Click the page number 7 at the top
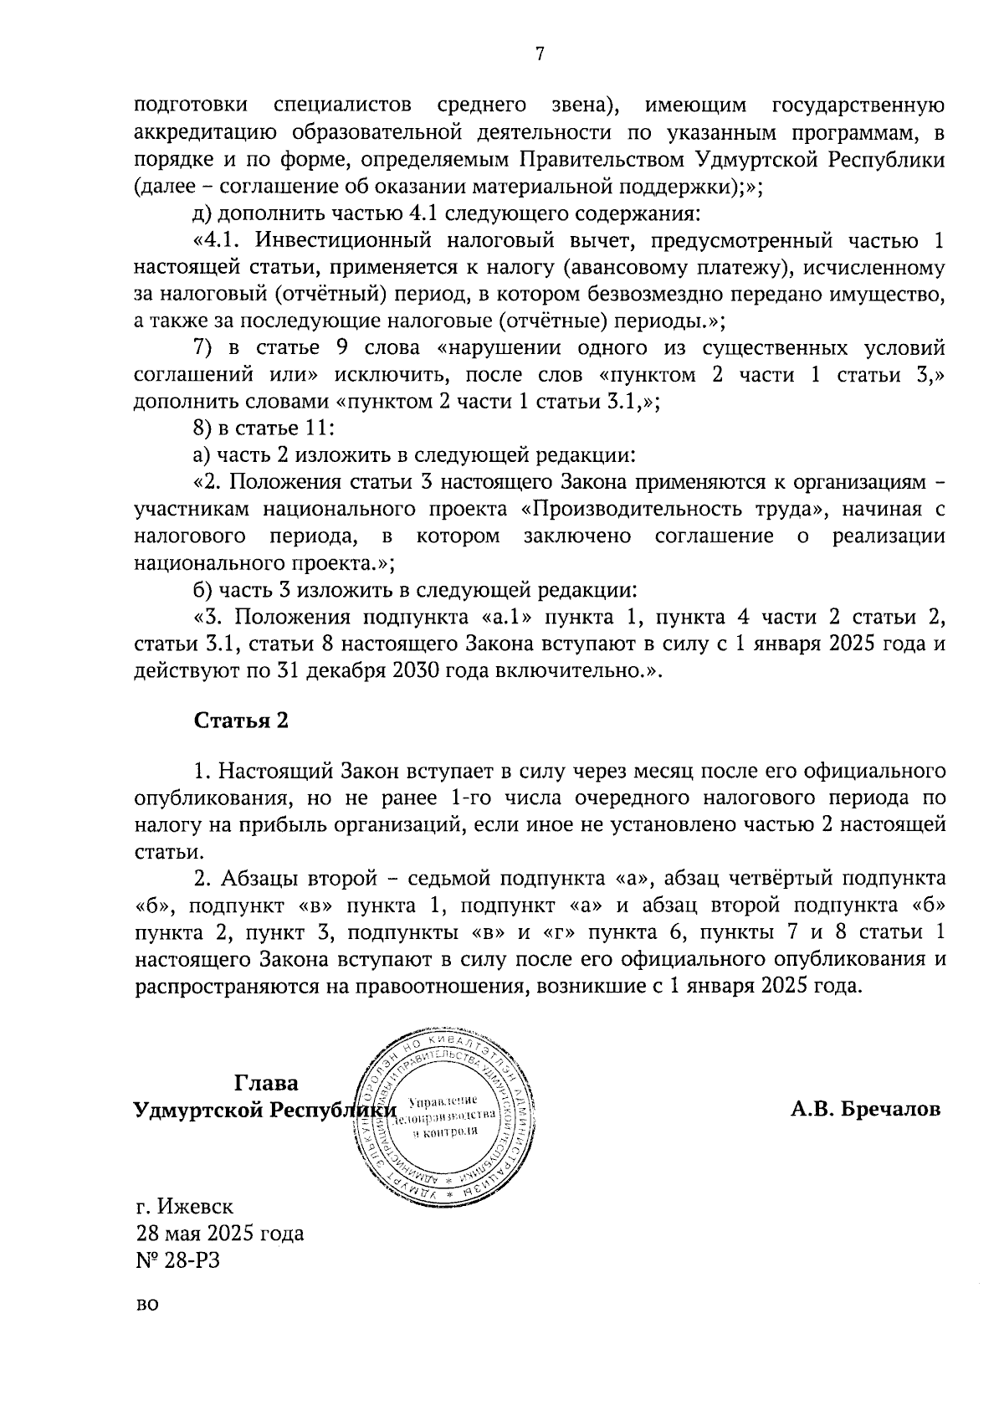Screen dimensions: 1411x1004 [540, 54]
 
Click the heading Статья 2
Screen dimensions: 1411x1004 [241, 721]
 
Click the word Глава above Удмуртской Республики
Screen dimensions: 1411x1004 [266, 1083]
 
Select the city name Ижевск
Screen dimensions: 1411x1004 [197, 1207]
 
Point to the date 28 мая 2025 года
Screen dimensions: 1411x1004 [220, 1234]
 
